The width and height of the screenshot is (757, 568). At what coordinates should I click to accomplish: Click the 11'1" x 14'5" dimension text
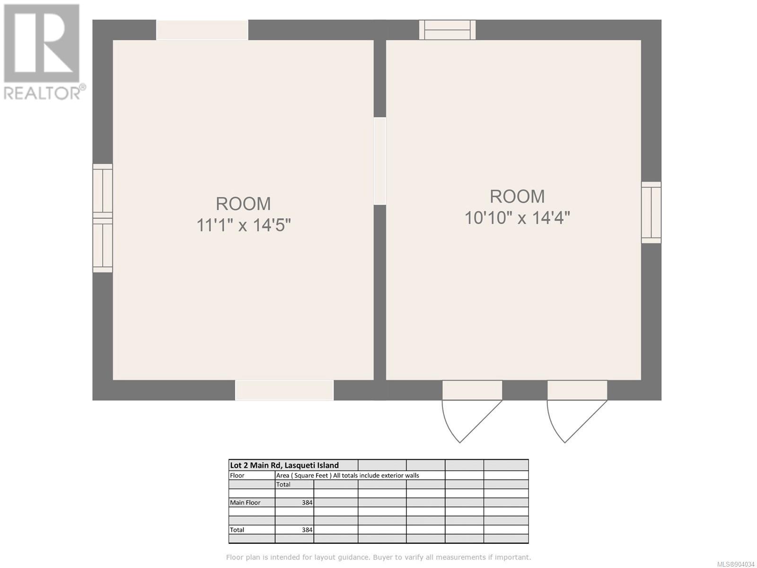(244, 226)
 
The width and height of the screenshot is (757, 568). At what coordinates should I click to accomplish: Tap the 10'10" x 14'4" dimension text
(517, 218)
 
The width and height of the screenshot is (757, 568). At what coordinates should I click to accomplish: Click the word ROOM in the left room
(244, 204)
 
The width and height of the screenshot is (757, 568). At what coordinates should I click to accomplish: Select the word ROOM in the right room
(517, 196)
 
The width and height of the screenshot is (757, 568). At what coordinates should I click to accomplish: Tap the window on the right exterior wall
(651, 213)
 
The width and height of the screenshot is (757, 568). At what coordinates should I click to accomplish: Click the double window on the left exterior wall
(103, 218)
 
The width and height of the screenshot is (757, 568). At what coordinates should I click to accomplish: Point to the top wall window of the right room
(447, 30)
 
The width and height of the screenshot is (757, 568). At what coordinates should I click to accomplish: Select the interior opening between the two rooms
(380, 161)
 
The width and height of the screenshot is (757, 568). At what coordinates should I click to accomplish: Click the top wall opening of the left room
(202, 30)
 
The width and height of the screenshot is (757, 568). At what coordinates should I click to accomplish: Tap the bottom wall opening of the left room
(284, 390)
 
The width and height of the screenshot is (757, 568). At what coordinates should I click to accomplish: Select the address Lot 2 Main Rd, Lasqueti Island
(284, 465)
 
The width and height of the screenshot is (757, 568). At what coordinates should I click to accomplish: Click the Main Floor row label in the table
(245, 503)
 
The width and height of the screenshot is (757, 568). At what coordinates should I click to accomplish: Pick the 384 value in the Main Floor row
(307, 503)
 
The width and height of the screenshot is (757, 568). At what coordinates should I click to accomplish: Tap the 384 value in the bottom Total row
(307, 530)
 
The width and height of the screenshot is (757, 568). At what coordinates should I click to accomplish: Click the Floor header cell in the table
(237, 475)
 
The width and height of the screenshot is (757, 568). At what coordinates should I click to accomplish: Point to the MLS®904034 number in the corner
(736, 564)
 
